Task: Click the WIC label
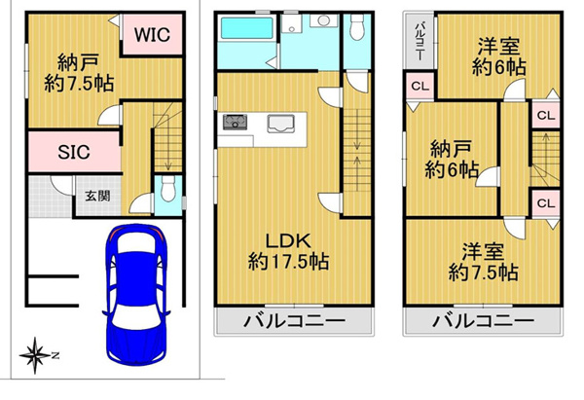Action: [x=153, y=35]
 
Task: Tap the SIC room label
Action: [x=74, y=152]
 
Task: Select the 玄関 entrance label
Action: [x=97, y=196]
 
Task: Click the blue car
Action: [x=136, y=294]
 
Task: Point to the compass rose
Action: [x=35, y=355]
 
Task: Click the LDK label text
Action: [x=288, y=241]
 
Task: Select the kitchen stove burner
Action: [x=235, y=122]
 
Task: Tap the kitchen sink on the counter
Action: [x=281, y=124]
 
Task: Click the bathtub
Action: [x=247, y=28]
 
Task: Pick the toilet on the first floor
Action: [x=168, y=188]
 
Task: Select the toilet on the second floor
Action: [x=357, y=27]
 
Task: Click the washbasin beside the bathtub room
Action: [x=324, y=20]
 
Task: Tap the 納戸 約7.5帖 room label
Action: [x=79, y=73]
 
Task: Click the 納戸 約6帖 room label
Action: [x=452, y=159]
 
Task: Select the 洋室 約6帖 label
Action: [x=499, y=57]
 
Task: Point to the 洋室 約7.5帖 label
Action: [x=484, y=262]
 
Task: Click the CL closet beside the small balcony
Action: [x=420, y=87]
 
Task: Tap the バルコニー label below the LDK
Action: [x=294, y=320]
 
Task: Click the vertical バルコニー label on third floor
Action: [x=420, y=42]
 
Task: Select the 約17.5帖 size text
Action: [x=289, y=261]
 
